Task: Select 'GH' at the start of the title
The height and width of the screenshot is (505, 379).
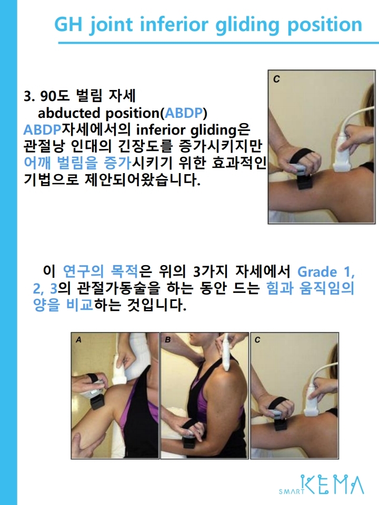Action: pyautogui.click(x=68, y=25)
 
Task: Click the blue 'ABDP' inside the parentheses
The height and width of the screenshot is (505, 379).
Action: pyautogui.click(x=184, y=113)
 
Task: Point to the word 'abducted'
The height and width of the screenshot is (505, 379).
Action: pyautogui.click(x=69, y=113)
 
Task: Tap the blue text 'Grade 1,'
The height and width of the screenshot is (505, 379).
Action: pyautogui.click(x=326, y=272)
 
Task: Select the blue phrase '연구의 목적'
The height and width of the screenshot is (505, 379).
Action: pyautogui.click(x=100, y=271)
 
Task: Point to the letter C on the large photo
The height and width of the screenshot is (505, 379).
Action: pyautogui.click(x=276, y=79)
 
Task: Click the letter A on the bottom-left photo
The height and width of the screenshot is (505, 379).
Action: pyautogui.click(x=78, y=340)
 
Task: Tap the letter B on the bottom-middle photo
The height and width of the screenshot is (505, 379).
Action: pyautogui.click(x=167, y=340)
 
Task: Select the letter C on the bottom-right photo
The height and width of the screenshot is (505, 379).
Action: pyautogui.click(x=257, y=340)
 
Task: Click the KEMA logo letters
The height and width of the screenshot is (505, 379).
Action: pyautogui.click(x=332, y=484)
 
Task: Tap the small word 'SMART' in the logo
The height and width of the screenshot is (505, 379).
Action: pyautogui.click(x=291, y=491)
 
